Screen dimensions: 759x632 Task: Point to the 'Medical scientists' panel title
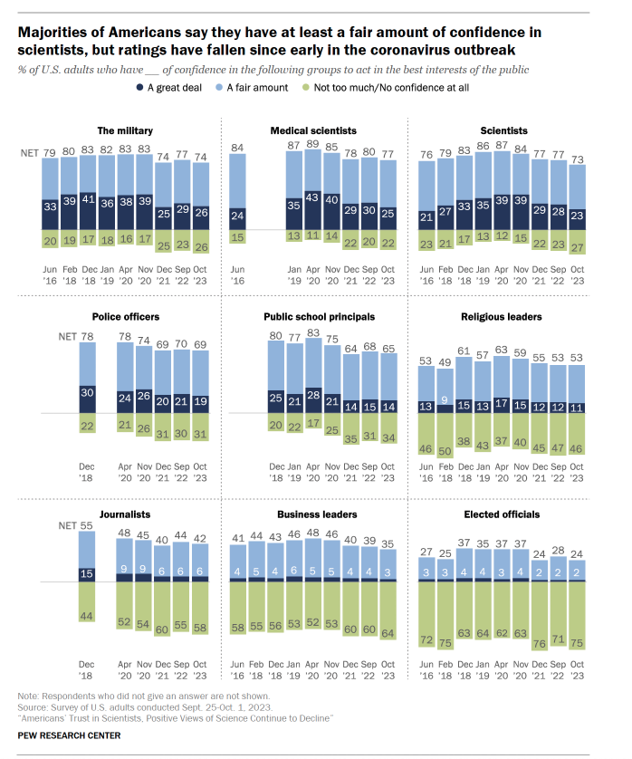point(313,130)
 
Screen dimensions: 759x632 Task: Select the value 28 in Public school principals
point(312,395)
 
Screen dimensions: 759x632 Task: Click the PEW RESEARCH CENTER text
point(70,735)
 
